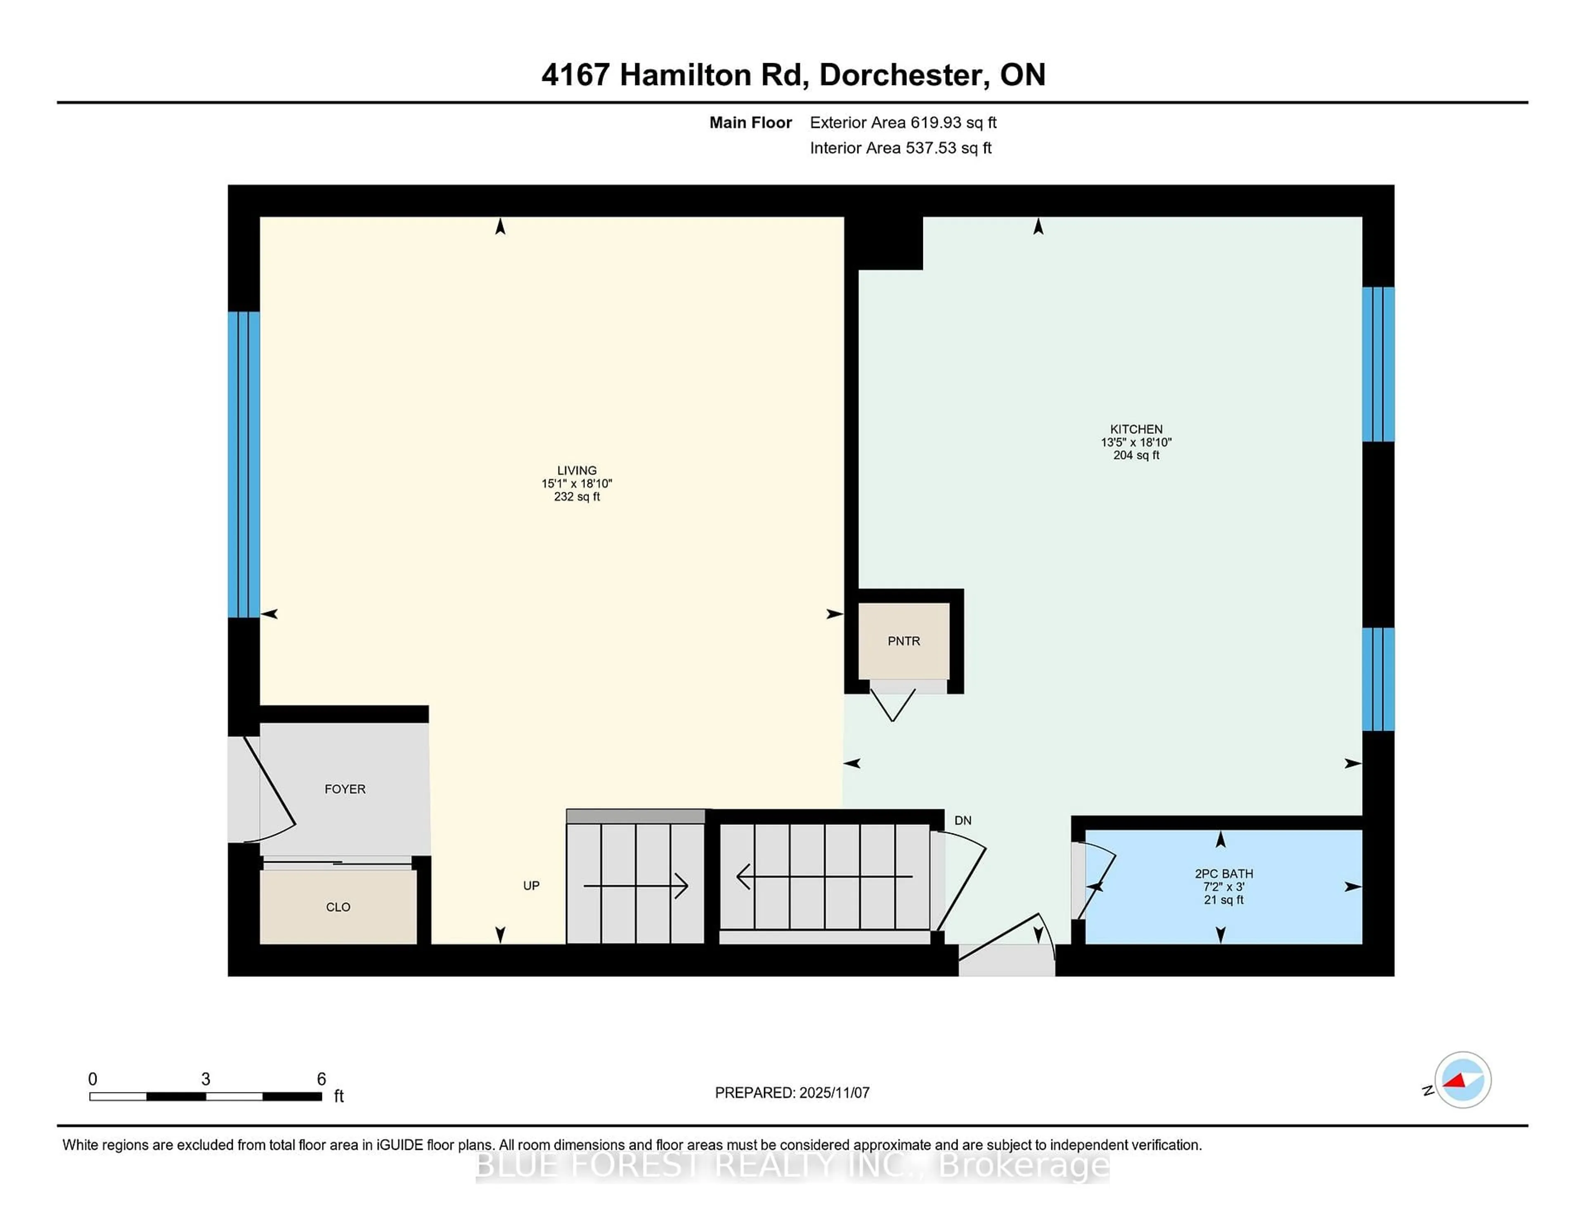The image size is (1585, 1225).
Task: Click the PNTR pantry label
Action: click(904, 641)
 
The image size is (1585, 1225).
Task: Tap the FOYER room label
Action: click(345, 789)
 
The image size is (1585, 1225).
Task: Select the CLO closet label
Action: click(338, 907)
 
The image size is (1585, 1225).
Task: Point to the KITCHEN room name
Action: click(1136, 429)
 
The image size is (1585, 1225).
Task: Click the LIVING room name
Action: click(577, 470)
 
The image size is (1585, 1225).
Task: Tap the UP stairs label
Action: click(531, 885)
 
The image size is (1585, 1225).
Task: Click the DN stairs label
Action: click(962, 820)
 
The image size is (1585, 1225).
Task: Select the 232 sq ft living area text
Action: click(577, 497)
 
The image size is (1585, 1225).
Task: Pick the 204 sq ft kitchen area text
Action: click(1136, 455)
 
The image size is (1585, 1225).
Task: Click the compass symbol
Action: click(1462, 1080)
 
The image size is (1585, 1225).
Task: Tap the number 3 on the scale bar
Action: click(206, 1079)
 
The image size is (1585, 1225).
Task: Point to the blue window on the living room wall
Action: click(244, 464)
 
